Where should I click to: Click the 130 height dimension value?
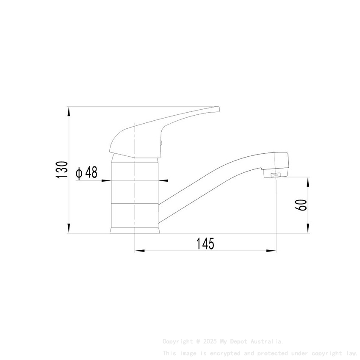[62, 170]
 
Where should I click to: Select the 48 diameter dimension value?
[91, 172]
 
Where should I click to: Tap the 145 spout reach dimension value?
[205, 244]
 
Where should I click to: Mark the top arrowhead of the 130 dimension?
[68, 111]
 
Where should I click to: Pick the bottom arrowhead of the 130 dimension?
[68, 228]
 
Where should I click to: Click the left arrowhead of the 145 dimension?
[139, 251]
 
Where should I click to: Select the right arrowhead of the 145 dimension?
[271, 251]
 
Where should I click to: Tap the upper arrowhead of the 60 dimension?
[309, 182]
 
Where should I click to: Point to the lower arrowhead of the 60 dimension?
[309, 228]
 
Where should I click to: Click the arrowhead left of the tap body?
[106, 181]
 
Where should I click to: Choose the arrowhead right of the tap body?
[163, 181]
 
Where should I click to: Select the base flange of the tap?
[135, 230]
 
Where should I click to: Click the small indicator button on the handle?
[161, 144]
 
